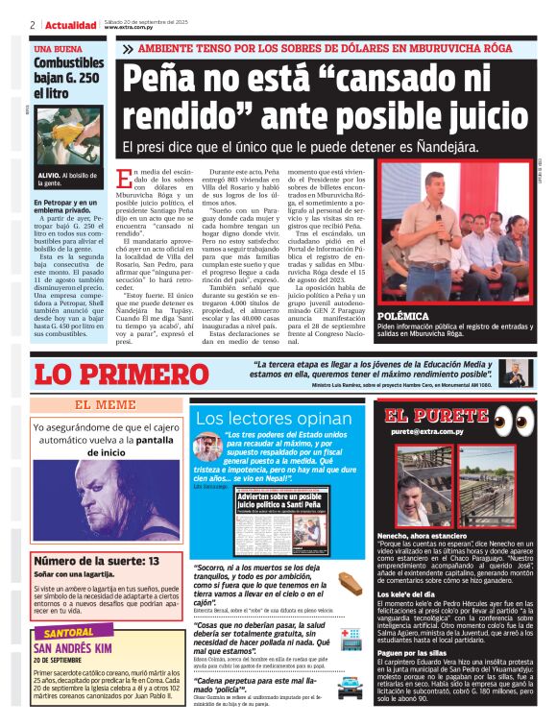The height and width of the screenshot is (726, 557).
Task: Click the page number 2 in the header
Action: (34, 25)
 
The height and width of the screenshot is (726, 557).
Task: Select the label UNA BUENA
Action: (59, 48)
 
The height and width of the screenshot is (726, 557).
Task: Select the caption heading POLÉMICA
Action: (403, 316)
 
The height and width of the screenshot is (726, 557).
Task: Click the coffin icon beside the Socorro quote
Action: (350, 582)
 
